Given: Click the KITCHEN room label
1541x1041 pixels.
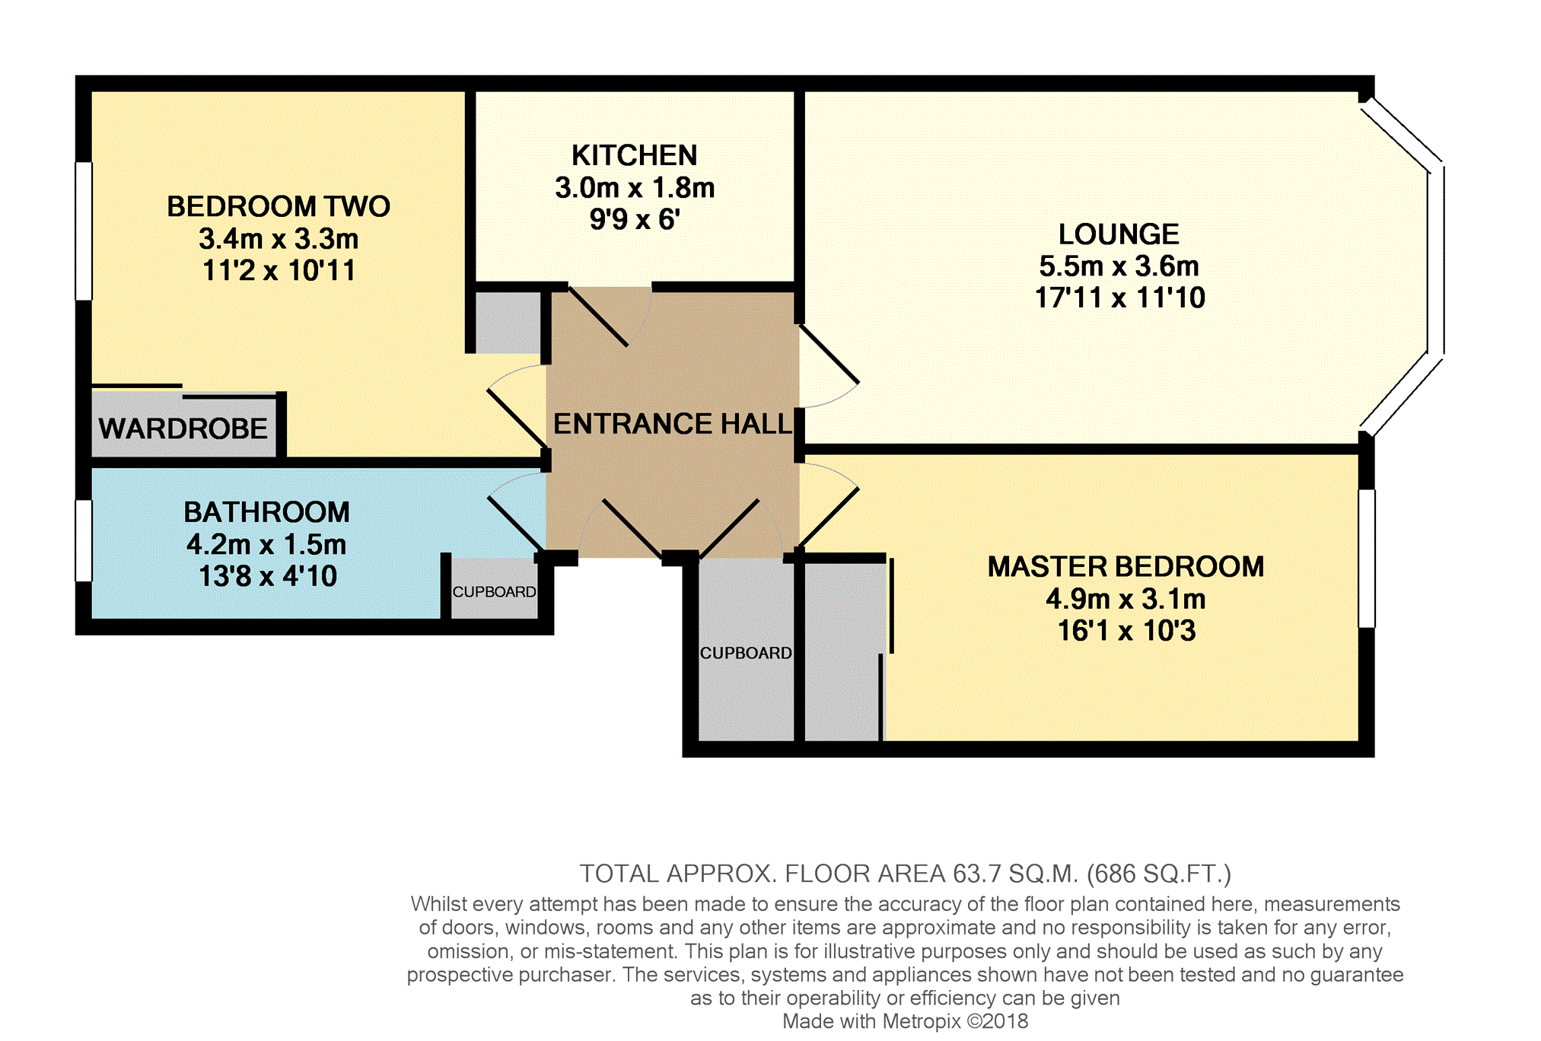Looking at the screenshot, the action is coord(634,155).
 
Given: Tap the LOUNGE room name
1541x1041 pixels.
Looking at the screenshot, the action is coord(1119,234).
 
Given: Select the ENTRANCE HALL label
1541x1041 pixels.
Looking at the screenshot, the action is coord(673,423).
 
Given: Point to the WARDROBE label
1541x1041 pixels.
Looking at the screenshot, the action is coord(183,428).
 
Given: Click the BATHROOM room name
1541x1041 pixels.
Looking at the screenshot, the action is coord(266,512).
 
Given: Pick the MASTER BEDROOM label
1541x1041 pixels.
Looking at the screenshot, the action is coord(1126,567).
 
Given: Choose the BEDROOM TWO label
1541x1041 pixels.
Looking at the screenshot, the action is coord(279,206).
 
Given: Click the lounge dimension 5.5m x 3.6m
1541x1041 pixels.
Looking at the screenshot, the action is coord(1119,266).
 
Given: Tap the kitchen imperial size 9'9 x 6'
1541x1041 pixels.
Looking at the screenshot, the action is coord(634,219).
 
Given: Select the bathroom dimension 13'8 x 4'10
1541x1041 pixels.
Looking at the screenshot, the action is coord(267,576).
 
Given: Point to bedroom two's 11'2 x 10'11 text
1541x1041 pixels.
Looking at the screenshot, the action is coord(279,270).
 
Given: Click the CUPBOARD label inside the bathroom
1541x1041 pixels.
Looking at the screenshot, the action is coord(495,592).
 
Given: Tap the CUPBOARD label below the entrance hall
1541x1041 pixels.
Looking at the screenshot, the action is coord(746,653).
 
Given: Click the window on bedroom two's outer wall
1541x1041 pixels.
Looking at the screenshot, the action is coord(84,231).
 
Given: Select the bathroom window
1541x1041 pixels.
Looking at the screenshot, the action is coord(84,540).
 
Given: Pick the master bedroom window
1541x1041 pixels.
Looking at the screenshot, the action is coord(1367,559).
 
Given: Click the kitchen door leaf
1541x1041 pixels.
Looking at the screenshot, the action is coord(598,317).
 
